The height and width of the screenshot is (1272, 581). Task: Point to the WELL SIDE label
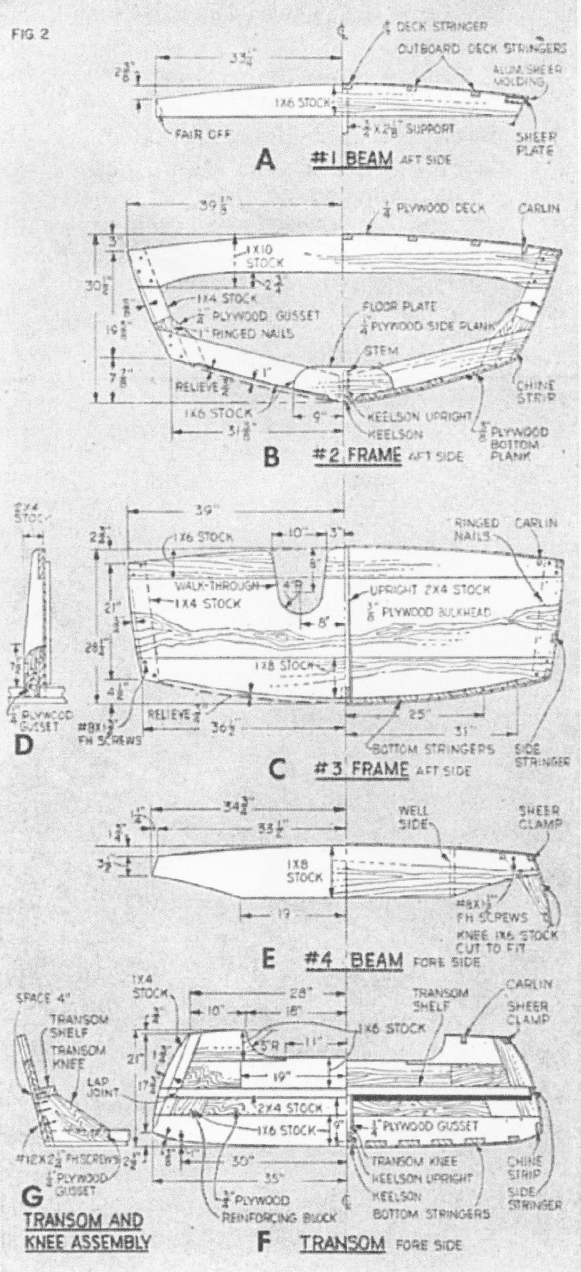413,816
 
